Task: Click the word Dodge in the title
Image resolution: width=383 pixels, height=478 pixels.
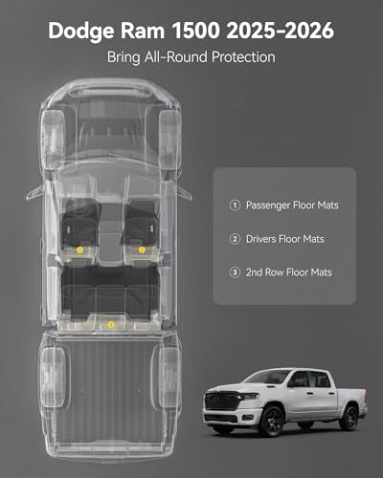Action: pyautogui.click(x=81, y=31)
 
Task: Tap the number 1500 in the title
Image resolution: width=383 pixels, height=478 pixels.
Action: pyautogui.click(x=196, y=31)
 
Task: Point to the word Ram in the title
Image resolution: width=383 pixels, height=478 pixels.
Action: pyautogui.click(x=143, y=31)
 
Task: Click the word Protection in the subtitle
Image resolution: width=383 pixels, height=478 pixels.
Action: pyautogui.click(x=243, y=57)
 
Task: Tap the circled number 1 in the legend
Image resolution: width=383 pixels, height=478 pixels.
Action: pyautogui.click(x=235, y=205)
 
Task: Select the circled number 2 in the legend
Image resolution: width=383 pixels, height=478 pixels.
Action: pyautogui.click(x=235, y=239)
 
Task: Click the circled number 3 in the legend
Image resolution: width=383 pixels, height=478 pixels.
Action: pyautogui.click(x=235, y=272)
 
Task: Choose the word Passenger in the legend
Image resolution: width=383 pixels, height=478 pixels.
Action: pyautogui.click(x=267, y=206)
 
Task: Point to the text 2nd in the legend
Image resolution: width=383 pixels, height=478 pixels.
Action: pyautogui.click(x=254, y=272)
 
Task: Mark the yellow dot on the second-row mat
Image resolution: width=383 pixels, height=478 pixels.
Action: pyautogui.click(x=111, y=325)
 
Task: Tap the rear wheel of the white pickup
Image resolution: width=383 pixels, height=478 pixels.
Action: pyautogui.click(x=349, y=418)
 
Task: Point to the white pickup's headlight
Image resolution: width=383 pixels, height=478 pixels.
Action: pyautogui.click(x=250, y=396)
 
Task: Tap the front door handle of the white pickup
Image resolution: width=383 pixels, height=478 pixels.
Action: pyautogui.click(x=309, y=393)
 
